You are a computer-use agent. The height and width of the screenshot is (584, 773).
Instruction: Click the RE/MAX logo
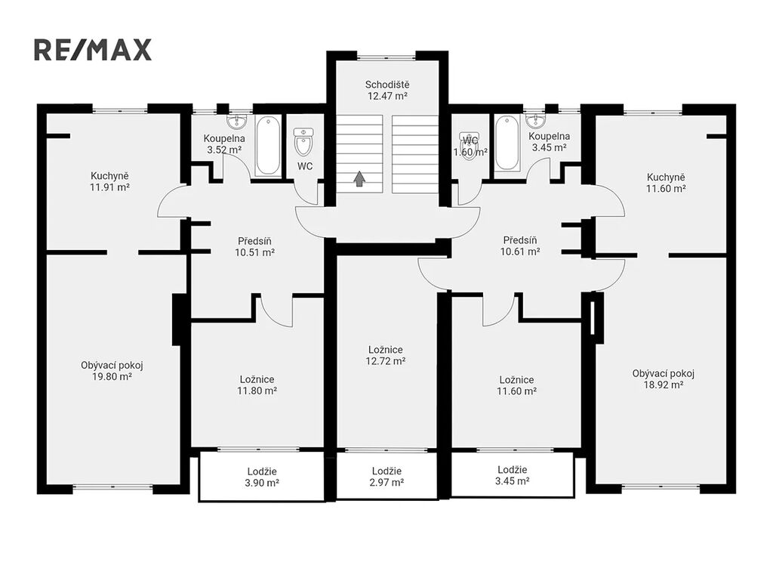pyautogui.click(x=93, y=50)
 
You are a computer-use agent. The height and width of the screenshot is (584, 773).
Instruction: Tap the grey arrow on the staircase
pyautogui.click(x=360, y=178)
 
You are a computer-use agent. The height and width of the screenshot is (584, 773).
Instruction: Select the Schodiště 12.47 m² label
pyautogui.click(x=387, y=90)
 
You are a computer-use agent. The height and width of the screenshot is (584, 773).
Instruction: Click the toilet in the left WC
pyautogui.click(x=303, y=141)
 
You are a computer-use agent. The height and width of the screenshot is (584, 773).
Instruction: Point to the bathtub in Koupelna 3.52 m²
pyautogui.click(x=268, y=146)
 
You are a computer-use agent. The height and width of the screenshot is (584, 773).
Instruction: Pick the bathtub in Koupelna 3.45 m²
pyautogui.click(x=507, y=143)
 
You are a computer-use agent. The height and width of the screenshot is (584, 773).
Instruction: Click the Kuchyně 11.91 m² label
pyautogui.click(x=109, y=181)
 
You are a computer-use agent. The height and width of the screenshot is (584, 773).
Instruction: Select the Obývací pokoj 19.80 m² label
pyautogui.click(x=112, y=371)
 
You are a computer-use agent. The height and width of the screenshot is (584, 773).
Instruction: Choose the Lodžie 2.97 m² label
pyautogui.click(x=386, y=477)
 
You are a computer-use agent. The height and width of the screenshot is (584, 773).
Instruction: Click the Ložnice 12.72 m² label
pyautogui.click(x=386, y=355)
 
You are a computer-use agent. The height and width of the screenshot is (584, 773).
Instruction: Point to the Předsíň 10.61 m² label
pyautogui.click(x=520, y=246)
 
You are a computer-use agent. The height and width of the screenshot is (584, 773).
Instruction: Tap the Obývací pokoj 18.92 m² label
pyautogui.click(x=664, y=379)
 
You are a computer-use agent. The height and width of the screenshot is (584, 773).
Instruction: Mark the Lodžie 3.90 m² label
pyautogui.click(x=262, y=477)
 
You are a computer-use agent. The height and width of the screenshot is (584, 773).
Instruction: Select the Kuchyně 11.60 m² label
pyautogui.click(x=666, y=183)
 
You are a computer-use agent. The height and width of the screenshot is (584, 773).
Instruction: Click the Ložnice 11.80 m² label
pyautogui.click(x=257, y=385)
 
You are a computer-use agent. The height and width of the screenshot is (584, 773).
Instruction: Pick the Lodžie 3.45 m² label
pyautogui.click(x=513, y=475)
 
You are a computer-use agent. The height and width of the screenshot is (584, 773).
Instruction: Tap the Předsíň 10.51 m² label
pyautogui.click(x=255, y=246)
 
